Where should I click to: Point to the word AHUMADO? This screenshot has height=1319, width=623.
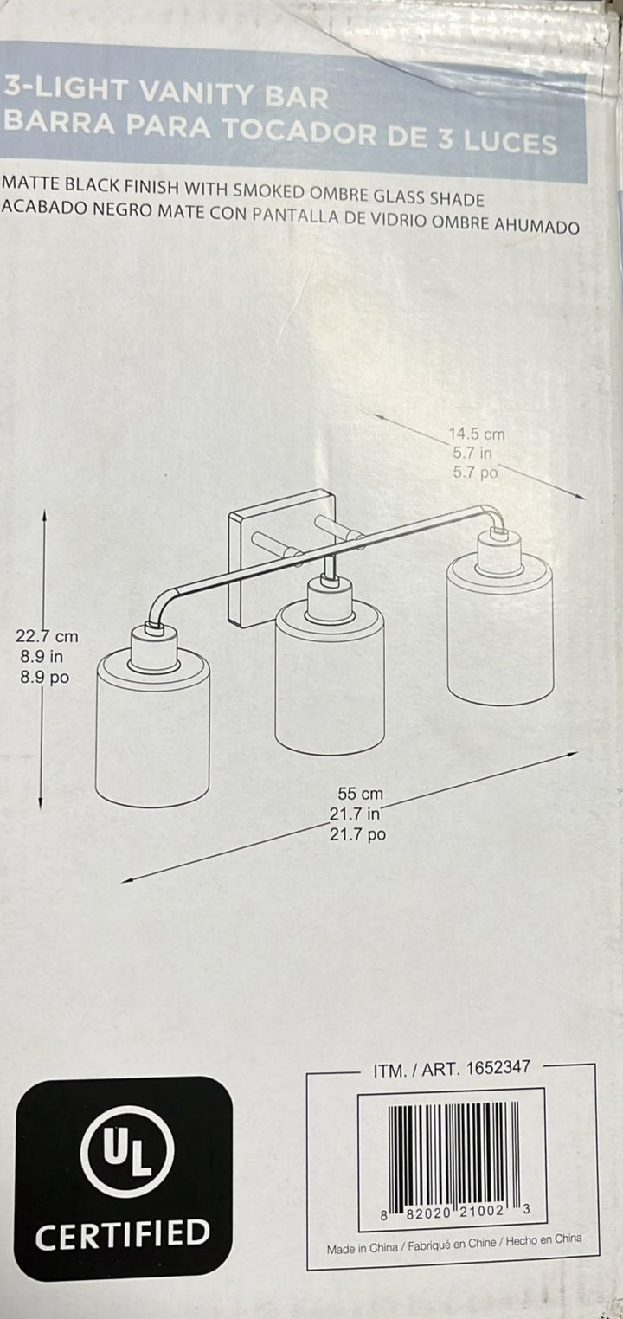coord(536,226)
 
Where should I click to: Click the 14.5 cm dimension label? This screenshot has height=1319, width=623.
coord(477,434)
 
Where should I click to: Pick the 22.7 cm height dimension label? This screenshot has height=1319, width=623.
coord(47,636)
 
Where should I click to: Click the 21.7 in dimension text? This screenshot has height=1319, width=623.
coord(355,814)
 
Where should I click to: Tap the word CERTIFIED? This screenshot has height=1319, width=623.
coord(123,1233)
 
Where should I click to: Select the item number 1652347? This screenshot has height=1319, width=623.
coord(498,1069)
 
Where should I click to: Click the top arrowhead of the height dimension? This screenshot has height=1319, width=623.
coord(45,514)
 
